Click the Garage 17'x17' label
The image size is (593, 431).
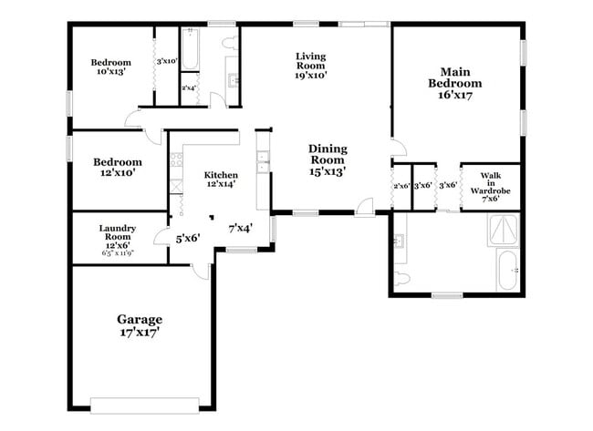pos(139,326)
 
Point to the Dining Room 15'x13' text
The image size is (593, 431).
pos(327,159)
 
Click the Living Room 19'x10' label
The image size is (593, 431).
pos(310,67)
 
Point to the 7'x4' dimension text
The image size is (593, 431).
pos(240,229)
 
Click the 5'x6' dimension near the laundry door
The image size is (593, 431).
pos(188,238)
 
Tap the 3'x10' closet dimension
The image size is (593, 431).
pos(166,61)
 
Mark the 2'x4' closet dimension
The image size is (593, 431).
pos(189,88)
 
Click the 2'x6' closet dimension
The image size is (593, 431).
pos(401,186)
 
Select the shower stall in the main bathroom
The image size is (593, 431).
pos(504,231)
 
